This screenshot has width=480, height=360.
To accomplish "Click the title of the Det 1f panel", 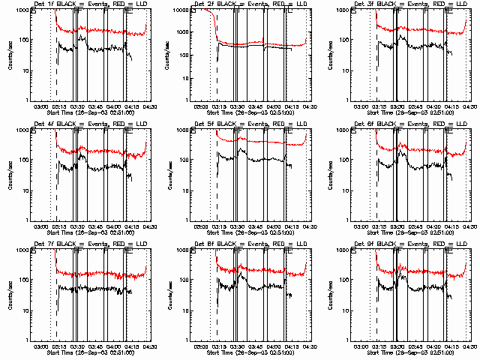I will click(90, 4).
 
